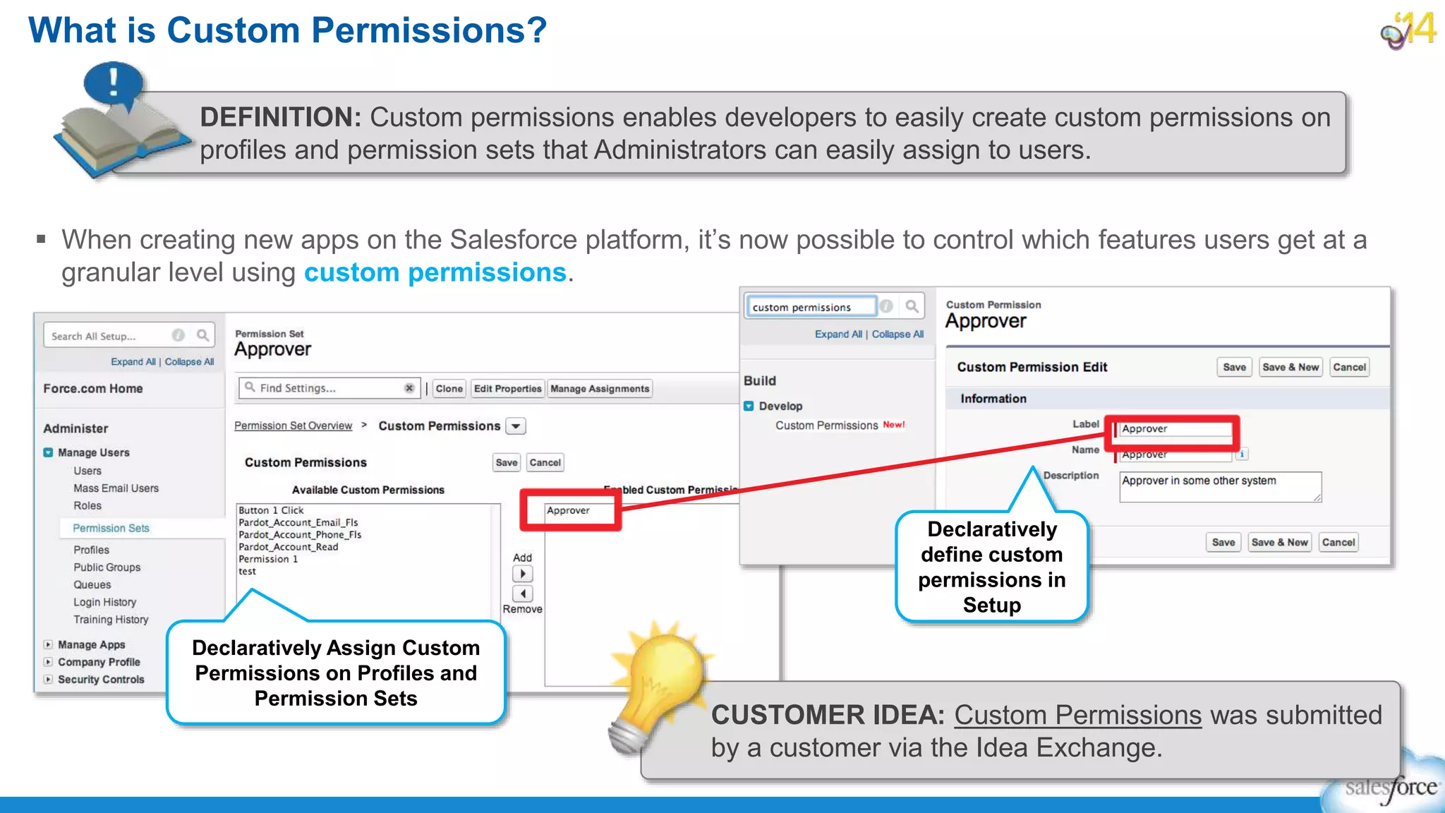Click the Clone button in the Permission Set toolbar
point(449,389)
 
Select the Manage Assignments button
point(599,389)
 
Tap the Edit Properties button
point(507,389)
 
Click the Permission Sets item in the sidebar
point(111,528)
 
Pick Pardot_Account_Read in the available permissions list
point(288,547)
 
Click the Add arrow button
point(522,574)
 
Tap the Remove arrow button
point(522,594)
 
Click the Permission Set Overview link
point(293,426)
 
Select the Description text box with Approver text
point(1219,487)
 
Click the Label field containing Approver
point(1175,428)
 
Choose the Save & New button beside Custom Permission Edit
point(1290,367)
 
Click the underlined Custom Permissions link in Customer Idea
point(1077,715)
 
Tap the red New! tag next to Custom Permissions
point(893,425)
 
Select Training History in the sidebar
point(111,620)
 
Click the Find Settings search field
point(325,388)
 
